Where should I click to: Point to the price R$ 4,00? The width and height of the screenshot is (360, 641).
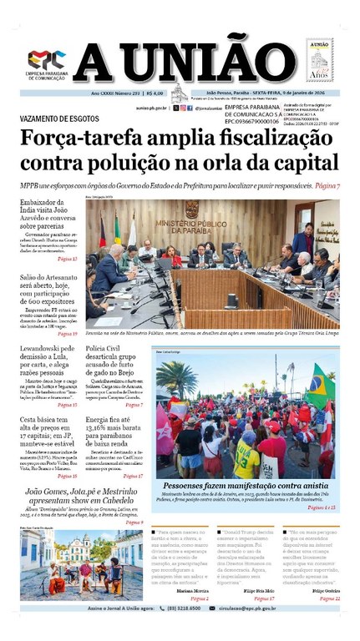pyautogui.click(x=153, y=93)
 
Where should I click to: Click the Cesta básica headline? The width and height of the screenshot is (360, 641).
pyautogui.click(x=49, y=431)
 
